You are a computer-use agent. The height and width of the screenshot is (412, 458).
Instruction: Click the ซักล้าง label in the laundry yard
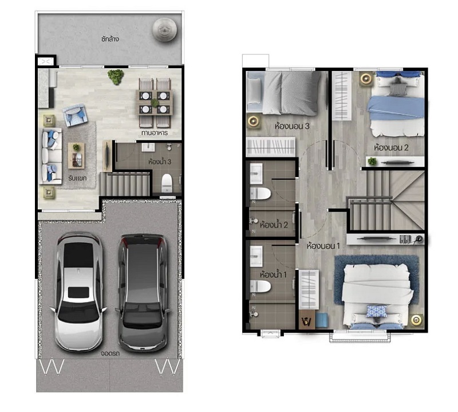110,39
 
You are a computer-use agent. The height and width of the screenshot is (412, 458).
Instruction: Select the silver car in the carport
78,292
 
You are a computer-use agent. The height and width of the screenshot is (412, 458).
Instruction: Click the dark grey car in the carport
143,293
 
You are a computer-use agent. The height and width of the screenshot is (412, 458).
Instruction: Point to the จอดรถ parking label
110,353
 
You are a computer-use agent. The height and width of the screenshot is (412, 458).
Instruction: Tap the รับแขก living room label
77,178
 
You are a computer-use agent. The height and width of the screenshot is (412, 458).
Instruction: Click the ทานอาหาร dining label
155,133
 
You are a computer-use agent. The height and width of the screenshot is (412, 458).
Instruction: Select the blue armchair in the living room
75,116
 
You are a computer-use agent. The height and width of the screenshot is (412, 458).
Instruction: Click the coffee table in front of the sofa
76,155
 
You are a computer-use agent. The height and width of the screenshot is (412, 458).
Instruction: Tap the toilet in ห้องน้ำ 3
167,183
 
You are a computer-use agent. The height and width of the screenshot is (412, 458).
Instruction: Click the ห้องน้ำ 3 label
160,162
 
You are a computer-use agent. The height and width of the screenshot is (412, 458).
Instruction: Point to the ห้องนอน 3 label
292,126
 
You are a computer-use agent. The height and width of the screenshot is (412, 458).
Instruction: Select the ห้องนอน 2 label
391,148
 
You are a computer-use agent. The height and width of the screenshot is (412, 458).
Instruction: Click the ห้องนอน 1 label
323,246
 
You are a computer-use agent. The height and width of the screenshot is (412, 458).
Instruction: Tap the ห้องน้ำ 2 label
274,225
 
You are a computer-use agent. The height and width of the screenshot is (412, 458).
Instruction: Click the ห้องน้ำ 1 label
273,274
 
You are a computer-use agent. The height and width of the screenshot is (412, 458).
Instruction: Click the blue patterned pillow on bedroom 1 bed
377,311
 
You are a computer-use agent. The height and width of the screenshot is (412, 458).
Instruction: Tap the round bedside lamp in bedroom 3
254,121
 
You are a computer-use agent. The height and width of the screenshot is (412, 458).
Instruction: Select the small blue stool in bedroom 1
322,320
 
